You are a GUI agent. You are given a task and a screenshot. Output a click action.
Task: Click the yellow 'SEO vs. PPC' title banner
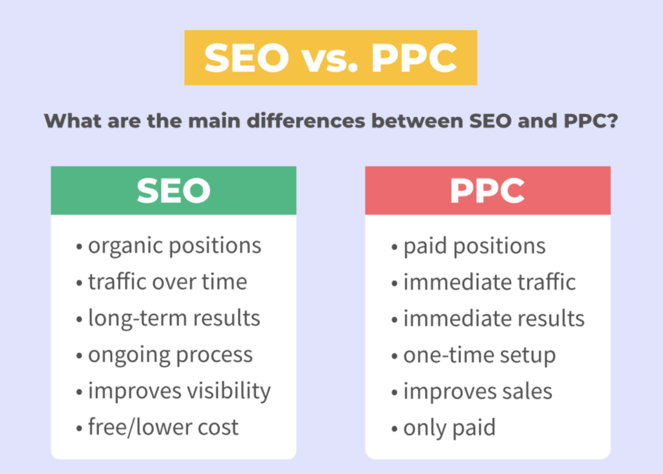pos(330,57)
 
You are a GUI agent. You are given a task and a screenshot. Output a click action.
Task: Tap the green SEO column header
pos(173,191)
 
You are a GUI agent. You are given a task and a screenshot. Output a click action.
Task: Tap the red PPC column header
pos(487,191)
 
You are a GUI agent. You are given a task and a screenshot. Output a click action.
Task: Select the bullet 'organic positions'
pos(169,246)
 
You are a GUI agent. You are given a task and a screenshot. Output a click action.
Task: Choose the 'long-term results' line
pos(168,318)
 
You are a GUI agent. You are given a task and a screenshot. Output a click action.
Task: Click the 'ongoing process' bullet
pos(164,355)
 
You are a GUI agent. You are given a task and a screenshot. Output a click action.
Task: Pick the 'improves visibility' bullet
pos(173,391)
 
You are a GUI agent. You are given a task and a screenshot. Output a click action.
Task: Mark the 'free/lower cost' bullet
pos(157,427)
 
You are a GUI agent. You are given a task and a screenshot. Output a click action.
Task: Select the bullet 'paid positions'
pos(469,246)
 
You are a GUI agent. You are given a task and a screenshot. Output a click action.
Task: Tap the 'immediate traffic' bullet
pos(483,282)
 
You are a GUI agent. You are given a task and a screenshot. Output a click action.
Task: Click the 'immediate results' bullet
pos(488,318)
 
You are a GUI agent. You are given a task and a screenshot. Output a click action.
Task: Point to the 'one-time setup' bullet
pos(474,355)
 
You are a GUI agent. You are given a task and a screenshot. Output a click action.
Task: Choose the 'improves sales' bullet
pos(472,391)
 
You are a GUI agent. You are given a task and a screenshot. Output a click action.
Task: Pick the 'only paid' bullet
pos(444,427)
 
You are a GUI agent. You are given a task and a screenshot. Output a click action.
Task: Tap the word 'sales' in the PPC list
pos(527,391)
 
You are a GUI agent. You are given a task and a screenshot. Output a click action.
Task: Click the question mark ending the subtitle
pos(612,121)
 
